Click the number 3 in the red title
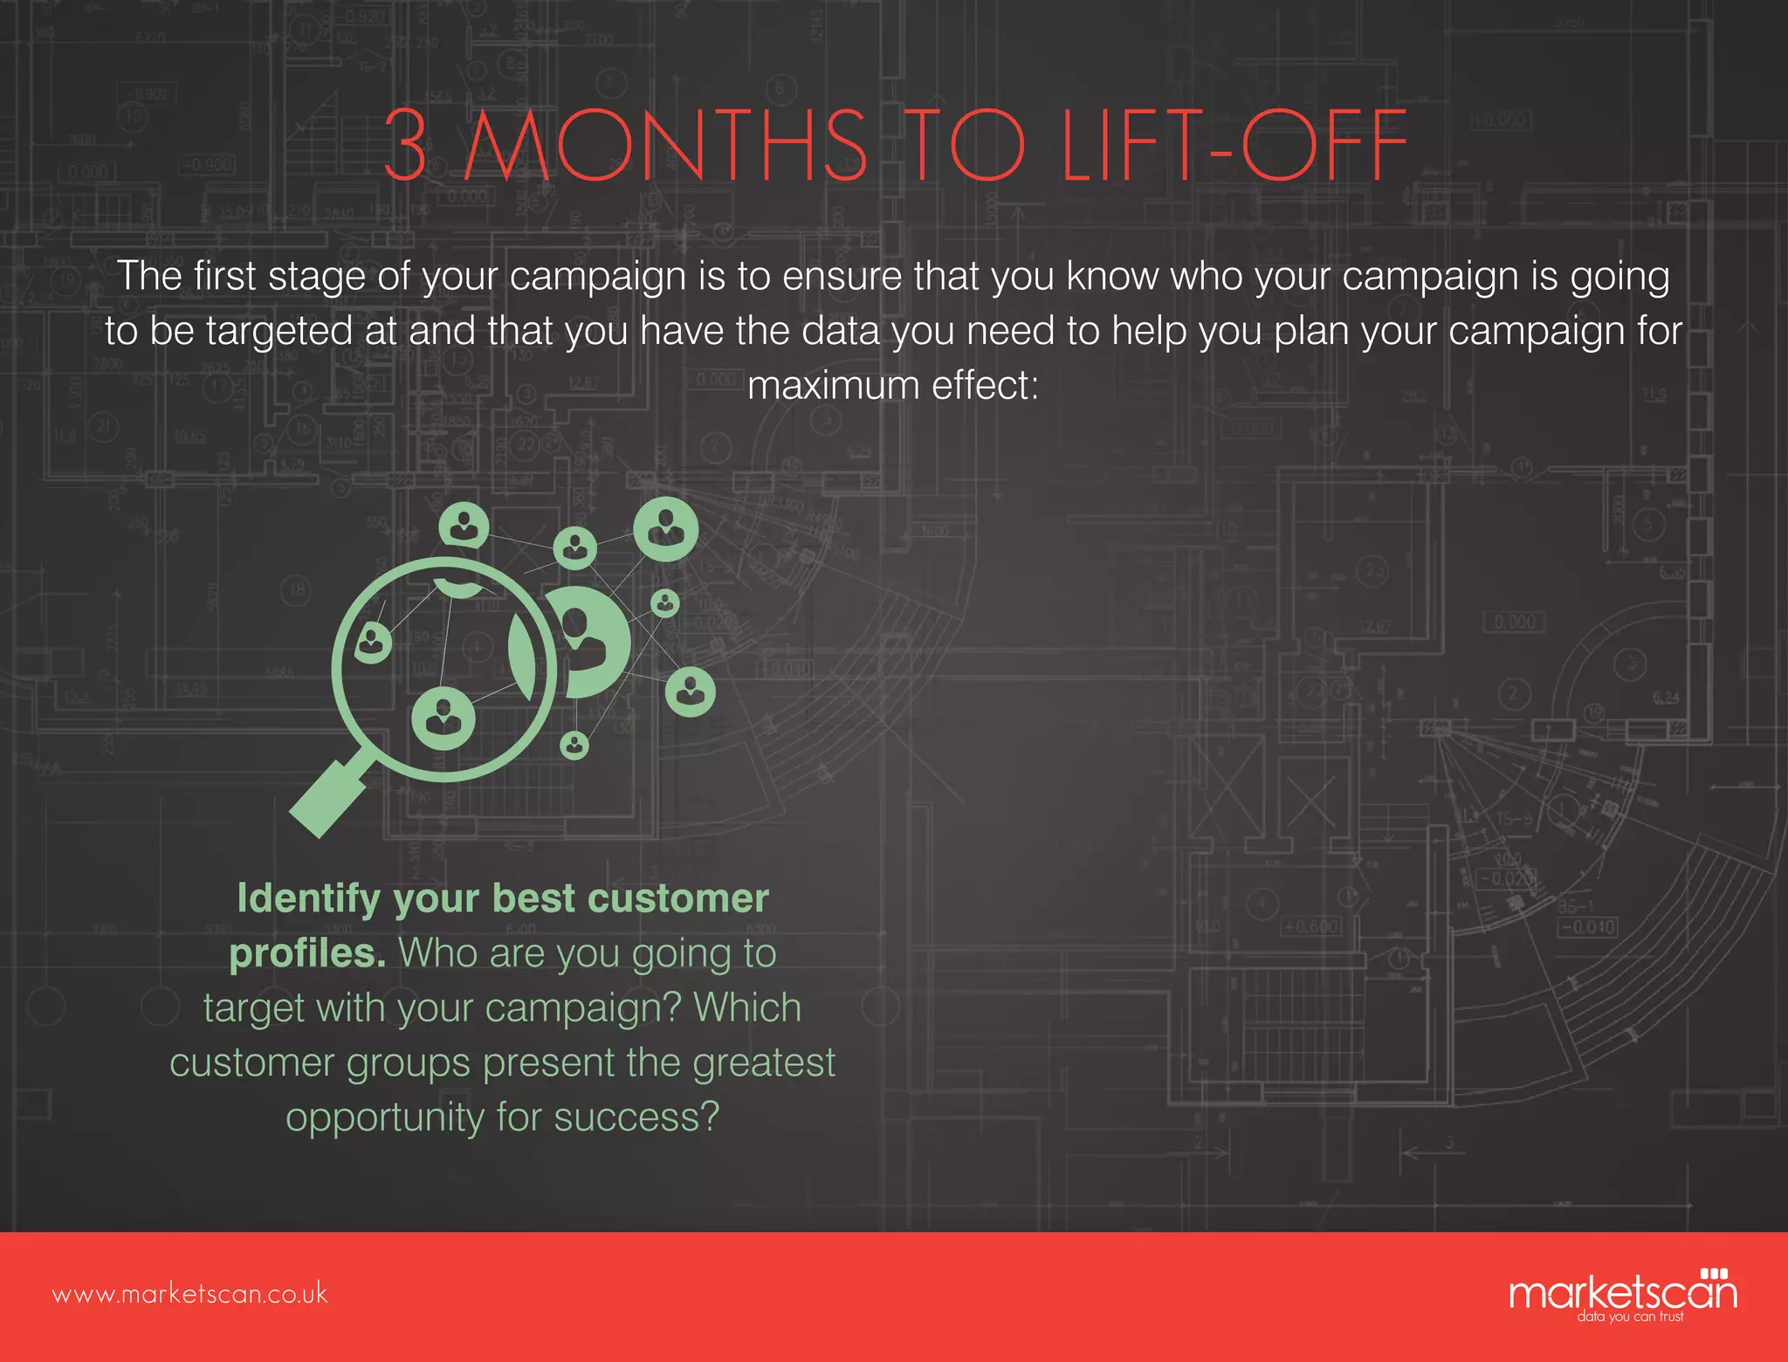click(x=407, y=145)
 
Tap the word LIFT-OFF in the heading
click(x=1234, y=145)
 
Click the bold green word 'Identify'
click(x=308, y=899)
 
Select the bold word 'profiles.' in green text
click(x=307, y=953)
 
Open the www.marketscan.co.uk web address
click(x=190, y=1293)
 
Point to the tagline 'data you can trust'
click(x=1630, y=1316)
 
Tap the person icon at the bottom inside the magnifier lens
click(x=444, y=719)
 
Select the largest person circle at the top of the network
click(x=666, y=528)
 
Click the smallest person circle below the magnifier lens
click(x=574, y=745)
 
